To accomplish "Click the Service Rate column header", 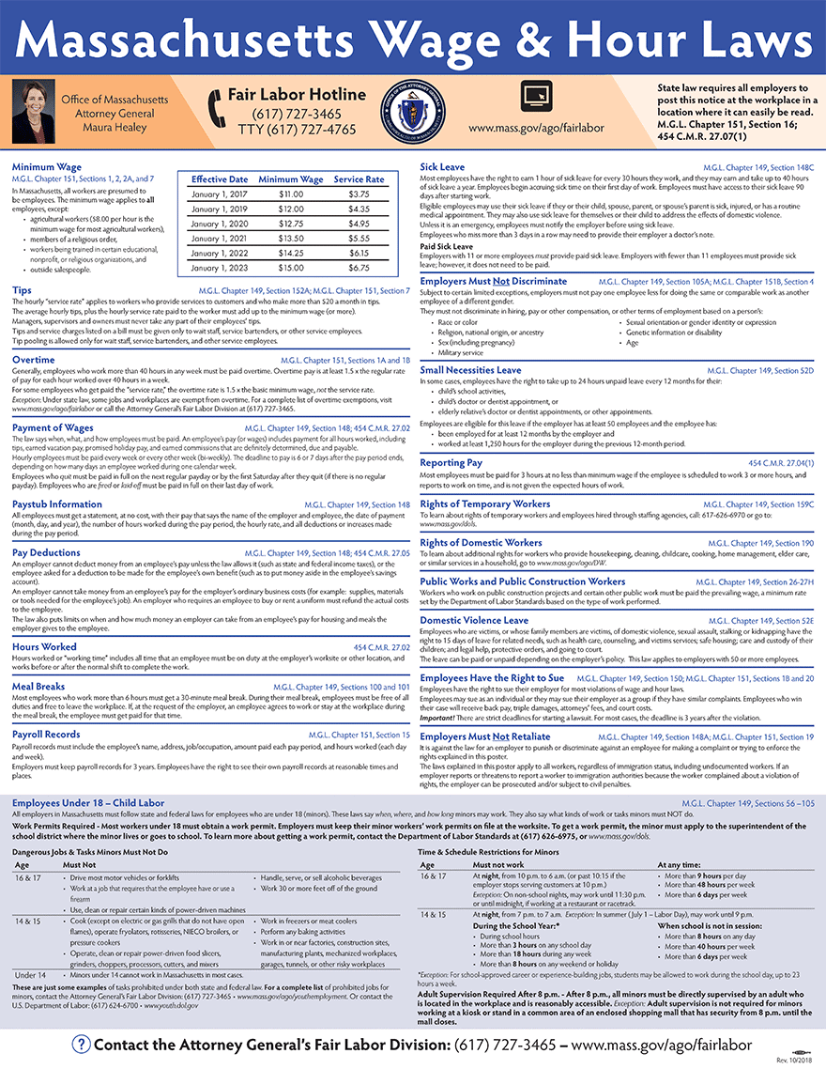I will (359, 178).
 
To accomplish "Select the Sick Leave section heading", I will (442, 167).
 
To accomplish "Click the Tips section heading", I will (22, 290).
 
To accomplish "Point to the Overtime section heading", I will (33, 360).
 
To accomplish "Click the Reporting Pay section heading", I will (451, 463).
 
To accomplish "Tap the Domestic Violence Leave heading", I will (474, 620).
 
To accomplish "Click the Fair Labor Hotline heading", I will (297, 94).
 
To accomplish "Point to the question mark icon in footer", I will (82, 1045).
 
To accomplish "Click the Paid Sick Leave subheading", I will (446, 246).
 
